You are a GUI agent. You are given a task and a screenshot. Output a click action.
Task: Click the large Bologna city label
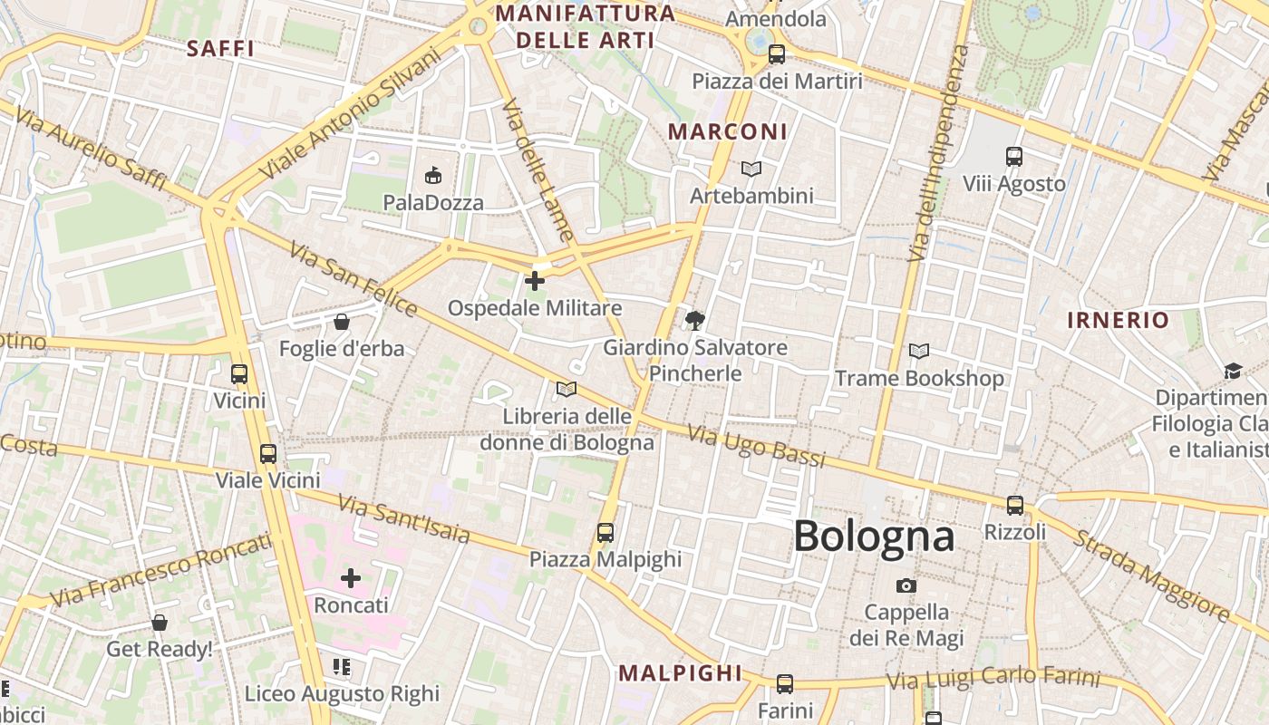coord(874,536)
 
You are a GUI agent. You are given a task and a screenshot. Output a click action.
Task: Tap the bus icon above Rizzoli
coord(1015,506)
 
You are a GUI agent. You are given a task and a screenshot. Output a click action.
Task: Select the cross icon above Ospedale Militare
coord(535,281)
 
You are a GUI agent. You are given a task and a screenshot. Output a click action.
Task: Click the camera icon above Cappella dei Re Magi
coord(906,585)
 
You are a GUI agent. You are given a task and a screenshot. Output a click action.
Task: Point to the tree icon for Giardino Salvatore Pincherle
coord(695,320)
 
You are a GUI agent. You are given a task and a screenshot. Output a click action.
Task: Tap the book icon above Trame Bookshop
coord(919,351)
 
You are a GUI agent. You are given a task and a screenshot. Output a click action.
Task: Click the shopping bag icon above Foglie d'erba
coord(342,322)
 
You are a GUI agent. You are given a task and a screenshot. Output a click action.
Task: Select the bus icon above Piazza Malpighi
coord(605,533)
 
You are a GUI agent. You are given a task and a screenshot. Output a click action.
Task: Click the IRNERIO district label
coord(1118,320)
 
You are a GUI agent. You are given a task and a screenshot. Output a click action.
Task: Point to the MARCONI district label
coord(728,131)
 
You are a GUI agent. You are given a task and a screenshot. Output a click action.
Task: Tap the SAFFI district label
coord(220,49)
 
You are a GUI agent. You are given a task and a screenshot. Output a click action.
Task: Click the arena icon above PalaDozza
coord(433,176)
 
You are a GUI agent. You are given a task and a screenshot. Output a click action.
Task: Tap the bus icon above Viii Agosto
coord(1014,157)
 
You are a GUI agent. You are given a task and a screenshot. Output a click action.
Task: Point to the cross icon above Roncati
coord(351,578)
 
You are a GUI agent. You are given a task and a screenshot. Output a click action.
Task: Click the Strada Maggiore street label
coord(1152,576)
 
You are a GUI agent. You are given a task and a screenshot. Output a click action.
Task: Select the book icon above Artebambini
coord(751,169)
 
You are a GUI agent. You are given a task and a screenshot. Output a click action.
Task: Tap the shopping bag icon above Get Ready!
coord(160,623)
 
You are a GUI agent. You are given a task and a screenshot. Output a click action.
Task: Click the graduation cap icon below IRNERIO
coord(1233,371)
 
